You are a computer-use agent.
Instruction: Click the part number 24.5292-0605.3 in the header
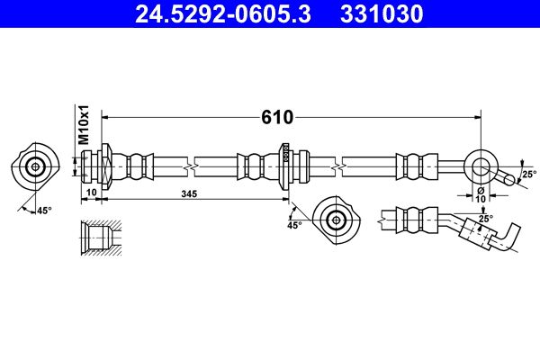[x=220, y=14]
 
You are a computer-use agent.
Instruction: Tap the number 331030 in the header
[x=383, y=14]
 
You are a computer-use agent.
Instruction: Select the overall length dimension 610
[x=278, y=117]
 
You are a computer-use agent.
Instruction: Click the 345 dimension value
[x=188, y=193]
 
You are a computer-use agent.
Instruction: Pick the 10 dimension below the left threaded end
[x=91, y=193]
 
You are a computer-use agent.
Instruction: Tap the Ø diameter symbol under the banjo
[x=481, y=191]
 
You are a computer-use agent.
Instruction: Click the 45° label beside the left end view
[x=43, y=210]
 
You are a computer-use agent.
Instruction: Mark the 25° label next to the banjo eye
[x=528, y=174]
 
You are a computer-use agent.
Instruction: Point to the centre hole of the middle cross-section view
[x=337, y=219]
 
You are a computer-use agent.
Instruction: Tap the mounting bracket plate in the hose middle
[x=285, y=166]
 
